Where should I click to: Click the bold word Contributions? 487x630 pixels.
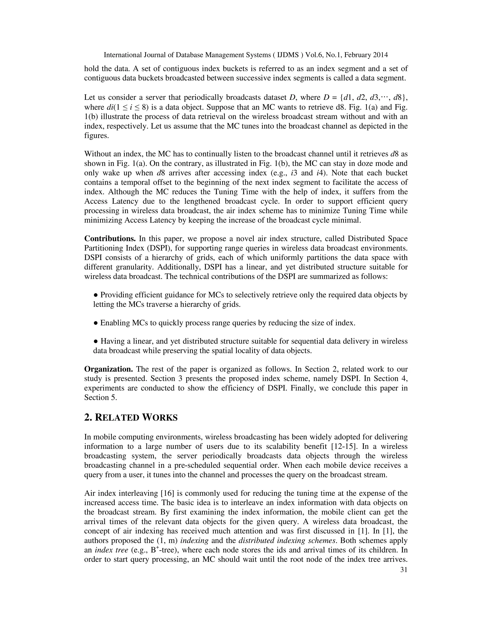click(110, 239)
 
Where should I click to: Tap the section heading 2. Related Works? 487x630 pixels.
click(131, 418)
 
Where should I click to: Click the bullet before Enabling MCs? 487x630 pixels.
click(96, 323)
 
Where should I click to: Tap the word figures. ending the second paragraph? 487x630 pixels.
click(97, 136)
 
